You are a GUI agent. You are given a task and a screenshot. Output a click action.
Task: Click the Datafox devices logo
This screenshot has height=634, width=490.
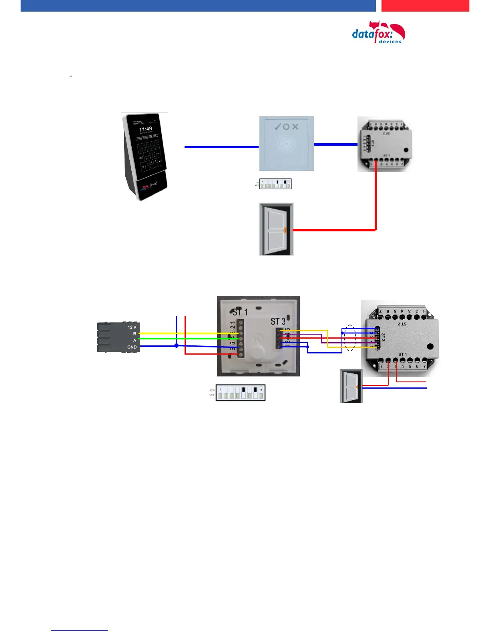tap(378, 33)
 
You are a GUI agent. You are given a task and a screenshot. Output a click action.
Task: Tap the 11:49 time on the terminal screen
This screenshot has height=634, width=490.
tap(145, 129)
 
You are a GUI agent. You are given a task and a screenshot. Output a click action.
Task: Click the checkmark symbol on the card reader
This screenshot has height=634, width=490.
tap(277, 127)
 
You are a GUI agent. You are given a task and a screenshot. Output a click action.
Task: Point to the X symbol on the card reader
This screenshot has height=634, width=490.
tap(295, 127)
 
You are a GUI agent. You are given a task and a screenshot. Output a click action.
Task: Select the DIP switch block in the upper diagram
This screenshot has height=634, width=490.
tap(275, 184)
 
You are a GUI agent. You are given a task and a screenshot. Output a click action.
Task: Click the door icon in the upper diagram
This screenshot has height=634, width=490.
tap(276, 229)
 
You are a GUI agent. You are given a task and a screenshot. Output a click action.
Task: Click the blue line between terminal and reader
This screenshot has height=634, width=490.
tap(221, 147)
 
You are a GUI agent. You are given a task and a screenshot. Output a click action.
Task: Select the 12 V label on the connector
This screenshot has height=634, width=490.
tap(132, 327)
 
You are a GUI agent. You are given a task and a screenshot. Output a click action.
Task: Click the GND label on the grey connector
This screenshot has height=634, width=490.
tap(132, 347)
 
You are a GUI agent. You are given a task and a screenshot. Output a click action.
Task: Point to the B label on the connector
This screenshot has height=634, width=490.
tap(135, 334)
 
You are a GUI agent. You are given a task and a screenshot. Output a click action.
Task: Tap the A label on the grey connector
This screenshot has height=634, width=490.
tap(135, 340)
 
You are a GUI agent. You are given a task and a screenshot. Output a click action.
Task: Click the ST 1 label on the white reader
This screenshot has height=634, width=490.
tap(240, 312)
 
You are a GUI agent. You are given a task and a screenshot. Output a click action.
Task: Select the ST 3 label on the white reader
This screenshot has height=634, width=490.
tap(278, 321)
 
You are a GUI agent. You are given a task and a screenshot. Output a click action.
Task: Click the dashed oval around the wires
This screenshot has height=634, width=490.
tap(350, 338)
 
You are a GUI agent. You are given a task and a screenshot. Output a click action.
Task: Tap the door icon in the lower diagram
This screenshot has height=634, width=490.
tap(351, 386)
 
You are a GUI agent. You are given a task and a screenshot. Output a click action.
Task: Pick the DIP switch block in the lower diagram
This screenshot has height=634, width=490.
tap(240, 393)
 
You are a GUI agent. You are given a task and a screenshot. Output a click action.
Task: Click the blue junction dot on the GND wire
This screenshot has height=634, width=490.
tap(177, 346)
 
